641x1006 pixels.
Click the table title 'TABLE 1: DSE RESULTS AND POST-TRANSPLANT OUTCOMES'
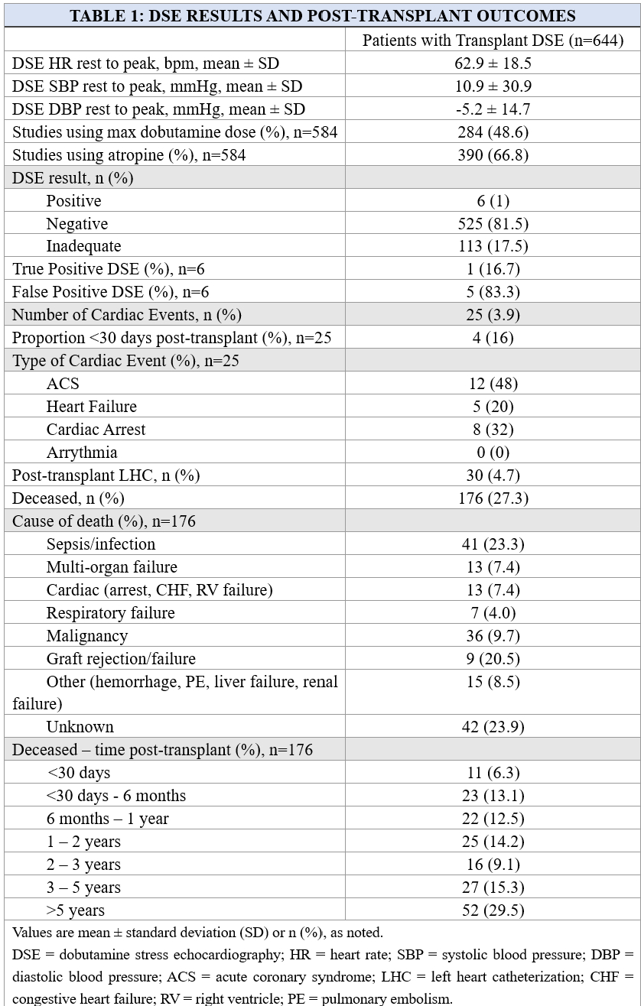point(322,16)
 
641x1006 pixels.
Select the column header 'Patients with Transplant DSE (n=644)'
point(493,40)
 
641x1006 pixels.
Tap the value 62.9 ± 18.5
point(493,63)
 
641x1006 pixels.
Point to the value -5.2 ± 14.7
point(493,109)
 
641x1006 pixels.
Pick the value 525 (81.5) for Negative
point(493,223)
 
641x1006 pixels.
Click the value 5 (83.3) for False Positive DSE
point(493,291)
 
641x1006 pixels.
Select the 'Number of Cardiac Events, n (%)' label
point(119,314)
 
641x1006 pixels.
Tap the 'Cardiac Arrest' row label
point(96,429)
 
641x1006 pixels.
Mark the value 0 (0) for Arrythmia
point(493,452)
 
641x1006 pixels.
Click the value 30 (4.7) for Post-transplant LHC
point(493,475)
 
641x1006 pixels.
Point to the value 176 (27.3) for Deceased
point(493,498)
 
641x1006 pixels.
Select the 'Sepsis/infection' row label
point(101,544)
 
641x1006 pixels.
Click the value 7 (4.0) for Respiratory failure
point(493,612)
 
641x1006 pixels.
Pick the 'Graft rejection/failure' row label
point(121,658)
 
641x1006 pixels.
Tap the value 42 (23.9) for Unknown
point(493,726)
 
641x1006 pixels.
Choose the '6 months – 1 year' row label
point(107,818)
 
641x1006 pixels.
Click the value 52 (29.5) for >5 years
point(493,910)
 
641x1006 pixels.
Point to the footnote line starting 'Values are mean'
point(197,932)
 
